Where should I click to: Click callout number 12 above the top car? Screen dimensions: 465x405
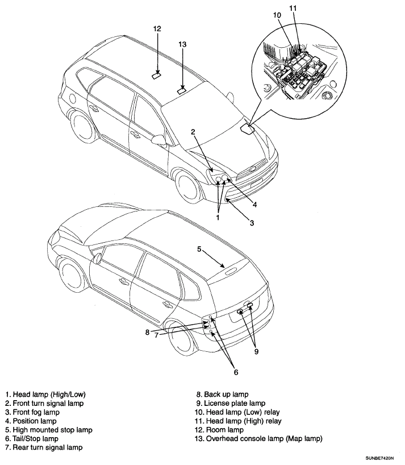tap(157, 28)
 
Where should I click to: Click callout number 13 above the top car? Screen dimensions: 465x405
tap(182, 44)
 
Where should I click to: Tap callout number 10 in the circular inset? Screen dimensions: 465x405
tap(277, 15)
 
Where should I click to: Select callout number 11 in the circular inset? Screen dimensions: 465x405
tap(293, 8)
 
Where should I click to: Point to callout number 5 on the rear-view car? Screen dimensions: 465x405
tap(199, 248)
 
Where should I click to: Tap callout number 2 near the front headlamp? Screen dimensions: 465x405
tap(193, 132)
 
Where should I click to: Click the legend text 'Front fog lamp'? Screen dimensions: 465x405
tap(32, 412)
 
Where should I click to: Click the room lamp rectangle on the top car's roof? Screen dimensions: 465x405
tap(157, 74)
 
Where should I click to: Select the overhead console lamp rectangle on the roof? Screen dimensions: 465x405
tap(182, 89)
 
